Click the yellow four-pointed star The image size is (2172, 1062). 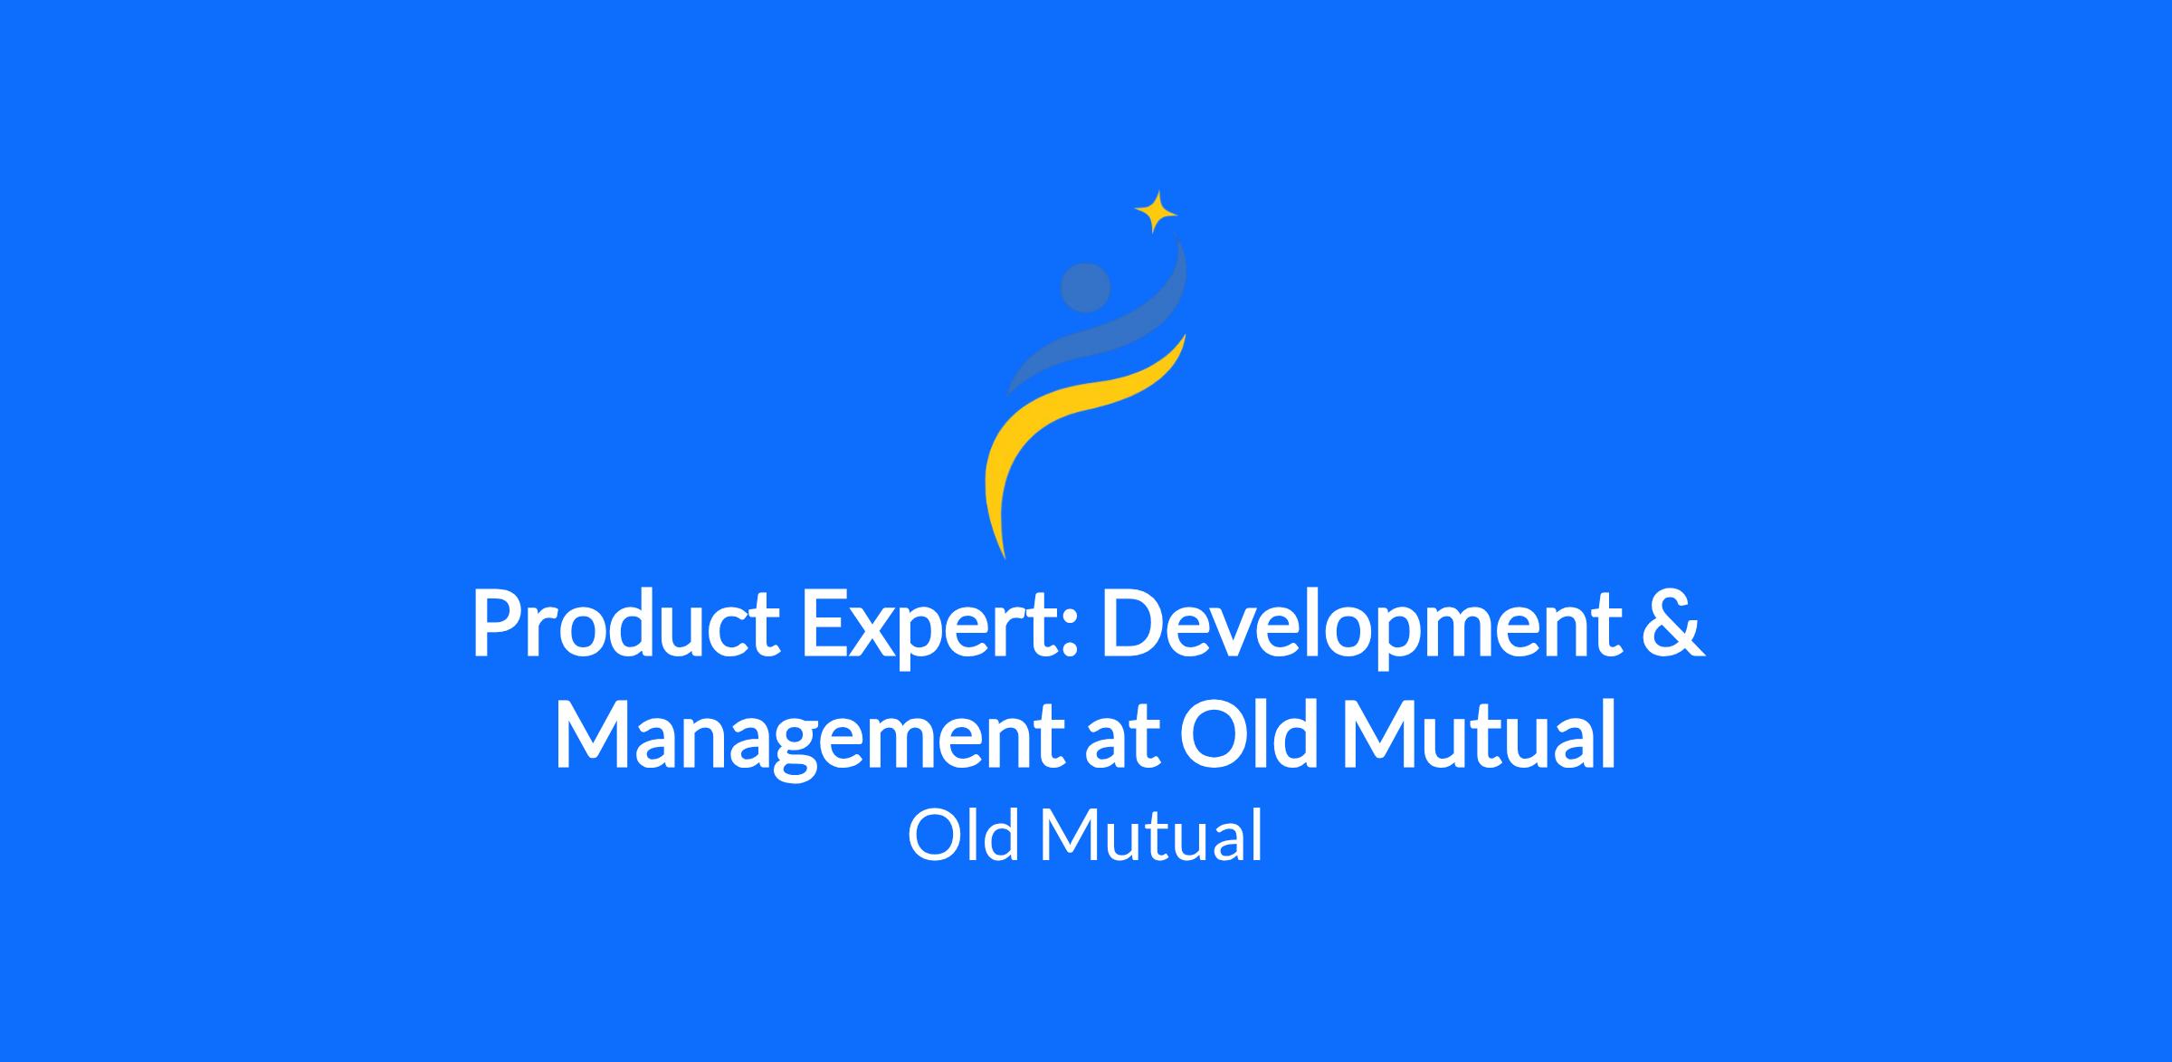click(1156, 213)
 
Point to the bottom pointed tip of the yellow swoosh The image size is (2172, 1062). click(1005, 558)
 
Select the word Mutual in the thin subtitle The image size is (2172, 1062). click(1150, 835)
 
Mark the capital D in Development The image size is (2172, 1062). click(1134, 626)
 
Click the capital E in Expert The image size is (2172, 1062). click(824, 626)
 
